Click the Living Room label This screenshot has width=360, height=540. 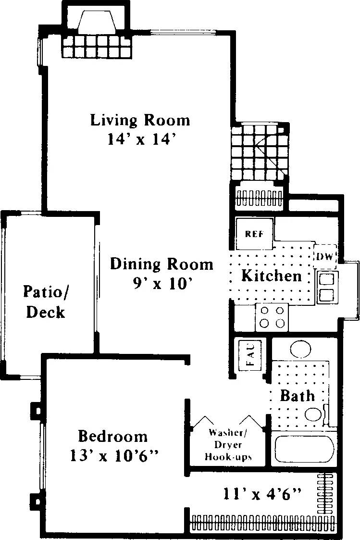[x=140, y=120]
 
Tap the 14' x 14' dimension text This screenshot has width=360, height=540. [x=140, y=139]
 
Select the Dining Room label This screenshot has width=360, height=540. [x=161, y=264]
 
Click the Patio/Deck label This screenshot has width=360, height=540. [x=45, y=301]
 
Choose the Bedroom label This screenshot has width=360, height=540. [x=113, y=436]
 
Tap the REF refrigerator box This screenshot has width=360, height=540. [x=254, y=234]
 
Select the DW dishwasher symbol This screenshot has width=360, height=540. [x=325, y=257]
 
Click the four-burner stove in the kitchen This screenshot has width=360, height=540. [x=272, y=317]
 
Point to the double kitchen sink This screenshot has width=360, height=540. [x=327, y=287]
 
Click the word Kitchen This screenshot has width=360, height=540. [x=271, y=276]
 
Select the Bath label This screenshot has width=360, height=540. [x=298, y=396]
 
